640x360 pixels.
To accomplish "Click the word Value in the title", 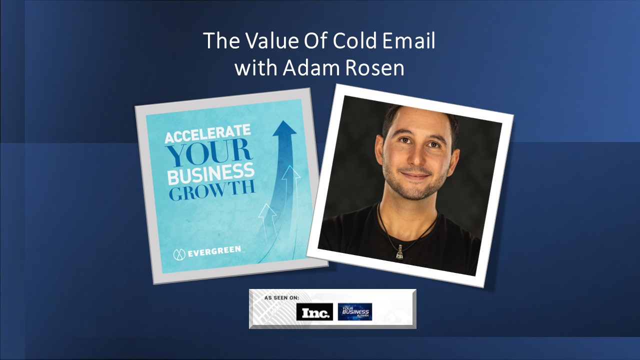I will pos(272,41).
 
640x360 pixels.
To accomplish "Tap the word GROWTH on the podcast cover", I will pos(211,191).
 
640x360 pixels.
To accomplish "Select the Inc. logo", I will pos(314,312).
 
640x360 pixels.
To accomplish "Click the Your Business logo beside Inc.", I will pos(355,311).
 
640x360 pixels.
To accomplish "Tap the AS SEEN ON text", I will pos(282,298).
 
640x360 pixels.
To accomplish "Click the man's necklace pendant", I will pos(399,254).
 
